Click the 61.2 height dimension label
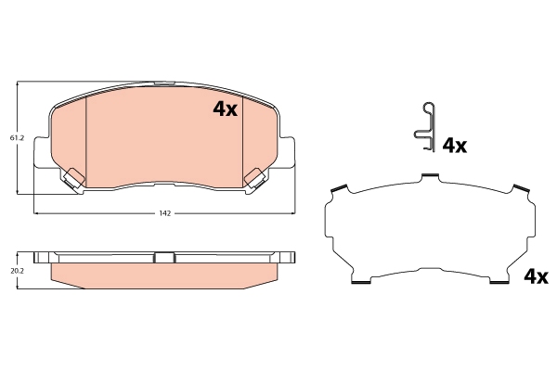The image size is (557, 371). pyautogui.click(x=17, y=138)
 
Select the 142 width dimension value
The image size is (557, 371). pyautogui.click(x=164, y=213)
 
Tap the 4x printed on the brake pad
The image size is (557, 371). pyautogui.click(x=226, y=109)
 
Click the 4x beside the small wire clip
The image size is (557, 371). pyautogui.click(x=454, y=145)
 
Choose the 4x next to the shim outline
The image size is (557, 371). pyautogui.click(x=537, y=276)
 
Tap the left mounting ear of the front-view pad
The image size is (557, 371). pyautogui.click(x=41, y=153)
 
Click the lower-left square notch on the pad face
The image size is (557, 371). pyautogui.click(x=73, y=175)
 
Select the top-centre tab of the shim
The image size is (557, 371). pyautogui.click(x=429, y=176)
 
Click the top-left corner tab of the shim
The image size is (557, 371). pyautogui.click(x=339, y=191)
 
